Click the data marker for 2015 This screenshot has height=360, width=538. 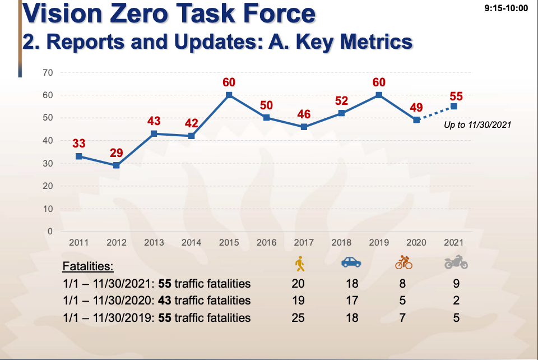229,95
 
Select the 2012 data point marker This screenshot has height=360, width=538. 116,165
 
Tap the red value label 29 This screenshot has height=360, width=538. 116,152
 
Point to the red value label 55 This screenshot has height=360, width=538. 456,96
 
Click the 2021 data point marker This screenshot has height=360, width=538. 453,107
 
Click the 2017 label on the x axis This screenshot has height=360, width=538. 304,243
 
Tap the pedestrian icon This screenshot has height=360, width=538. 299,263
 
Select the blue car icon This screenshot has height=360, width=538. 351,262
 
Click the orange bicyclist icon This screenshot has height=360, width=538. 403,262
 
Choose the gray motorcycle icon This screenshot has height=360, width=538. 456,262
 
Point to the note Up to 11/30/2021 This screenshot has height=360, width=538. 477,125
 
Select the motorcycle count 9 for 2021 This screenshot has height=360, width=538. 456,283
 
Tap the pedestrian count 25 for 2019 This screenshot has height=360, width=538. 298,318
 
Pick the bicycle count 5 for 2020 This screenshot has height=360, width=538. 402,301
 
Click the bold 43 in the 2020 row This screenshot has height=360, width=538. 166,301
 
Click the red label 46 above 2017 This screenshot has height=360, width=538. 304,115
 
